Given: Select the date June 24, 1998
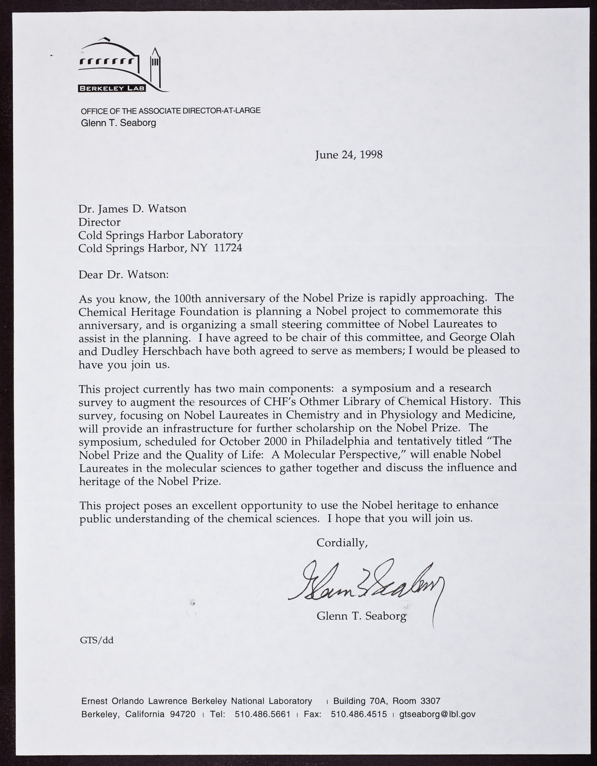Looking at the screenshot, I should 349,155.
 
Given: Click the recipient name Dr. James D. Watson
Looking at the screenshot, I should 132,208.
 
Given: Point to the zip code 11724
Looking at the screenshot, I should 228,248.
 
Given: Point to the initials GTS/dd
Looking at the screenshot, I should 97,641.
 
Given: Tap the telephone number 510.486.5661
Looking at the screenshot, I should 263,714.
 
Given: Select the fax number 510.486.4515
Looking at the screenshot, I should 359,714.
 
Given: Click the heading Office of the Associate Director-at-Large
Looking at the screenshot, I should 171,111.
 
